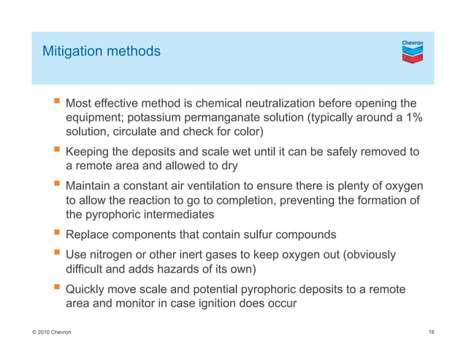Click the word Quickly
tap(89, 289)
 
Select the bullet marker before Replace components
tap(55, 235)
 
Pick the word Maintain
tap(91, 186)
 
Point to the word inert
tap(194, 255)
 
